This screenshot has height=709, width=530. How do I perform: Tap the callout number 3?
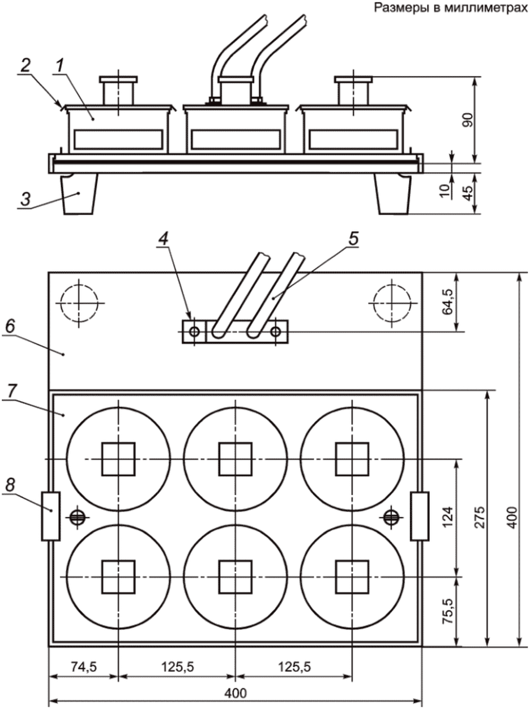pyautogui.click(x=25, y=199)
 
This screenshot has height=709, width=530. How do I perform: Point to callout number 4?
pyautogui.click(x=164, y=239)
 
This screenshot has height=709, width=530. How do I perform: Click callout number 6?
pyautogui.click(x=10, y=326)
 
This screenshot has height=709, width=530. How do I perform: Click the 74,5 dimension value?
pyautogui.click(x=84, y=664)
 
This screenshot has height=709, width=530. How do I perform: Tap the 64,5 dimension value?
pyautogui.click(x=448, y=302)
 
